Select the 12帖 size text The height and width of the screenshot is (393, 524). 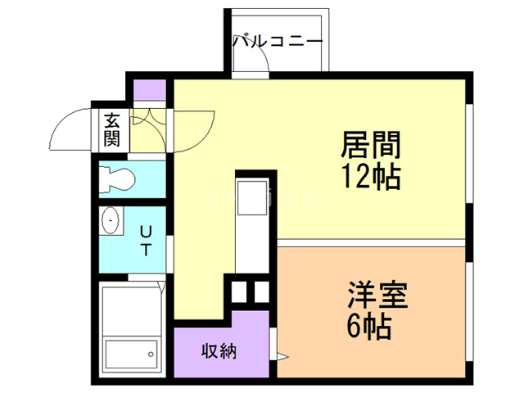click(370, 175)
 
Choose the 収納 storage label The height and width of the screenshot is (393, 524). click(219, 351)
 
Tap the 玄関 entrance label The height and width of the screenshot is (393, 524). click(111, 129)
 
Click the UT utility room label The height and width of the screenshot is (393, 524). click(145, 239)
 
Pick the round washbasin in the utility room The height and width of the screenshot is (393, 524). click(111, 220)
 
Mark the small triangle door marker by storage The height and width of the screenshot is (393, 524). click(282, 356)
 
